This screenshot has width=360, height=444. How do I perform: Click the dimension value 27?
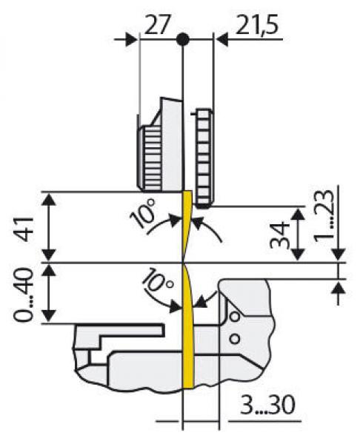tap(157, 24)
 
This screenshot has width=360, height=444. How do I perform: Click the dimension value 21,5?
tap(257, 25)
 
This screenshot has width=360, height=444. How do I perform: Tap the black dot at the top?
tap(182, 39)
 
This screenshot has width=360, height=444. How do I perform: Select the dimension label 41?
tap(24, 229)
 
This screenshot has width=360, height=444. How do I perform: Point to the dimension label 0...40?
tap(24, 295)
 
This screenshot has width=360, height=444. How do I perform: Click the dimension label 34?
tap(280, 235)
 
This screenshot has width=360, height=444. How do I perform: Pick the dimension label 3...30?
tap(267, 405)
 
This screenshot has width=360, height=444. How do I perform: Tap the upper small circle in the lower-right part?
tap(235, 317)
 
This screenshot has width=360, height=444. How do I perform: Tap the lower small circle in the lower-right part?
tap(235, 338)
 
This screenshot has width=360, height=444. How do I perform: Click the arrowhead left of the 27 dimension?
tap(131, 39)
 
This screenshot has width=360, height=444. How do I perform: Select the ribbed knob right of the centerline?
tap(204, 158)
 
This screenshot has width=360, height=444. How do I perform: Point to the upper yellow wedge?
tap(187, 225)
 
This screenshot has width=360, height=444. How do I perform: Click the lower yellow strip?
tap(187, 326)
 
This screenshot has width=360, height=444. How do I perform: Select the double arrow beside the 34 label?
tap(298, 235)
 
